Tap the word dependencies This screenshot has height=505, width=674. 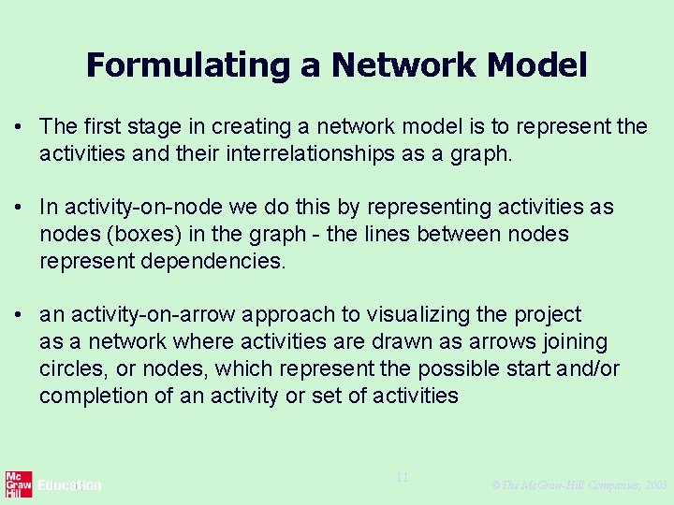pos(212,261)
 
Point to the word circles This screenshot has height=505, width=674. pos(73,368)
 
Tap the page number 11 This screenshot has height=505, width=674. pos(402,478)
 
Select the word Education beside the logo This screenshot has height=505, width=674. pos(69,485)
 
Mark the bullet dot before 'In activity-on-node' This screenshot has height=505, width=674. pos(18,208)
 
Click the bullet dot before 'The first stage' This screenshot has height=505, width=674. pos(18,127)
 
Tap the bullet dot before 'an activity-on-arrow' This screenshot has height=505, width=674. pos(18,315)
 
